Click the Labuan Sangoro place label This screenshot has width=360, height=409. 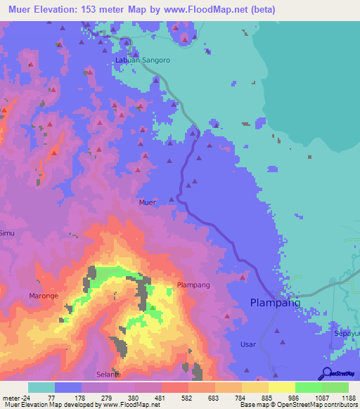(x=142, y=60)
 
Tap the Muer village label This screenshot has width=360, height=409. (x=147, y=202)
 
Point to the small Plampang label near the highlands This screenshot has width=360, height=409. (x=193, y=285)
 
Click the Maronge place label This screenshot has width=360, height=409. (x=44, y=295)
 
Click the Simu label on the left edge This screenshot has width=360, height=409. (x=6, y=233)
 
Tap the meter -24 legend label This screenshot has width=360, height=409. (x=16, y=397)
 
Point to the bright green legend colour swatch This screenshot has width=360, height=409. (x=309, y=387)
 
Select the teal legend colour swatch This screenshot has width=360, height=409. (x=41, y=387)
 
